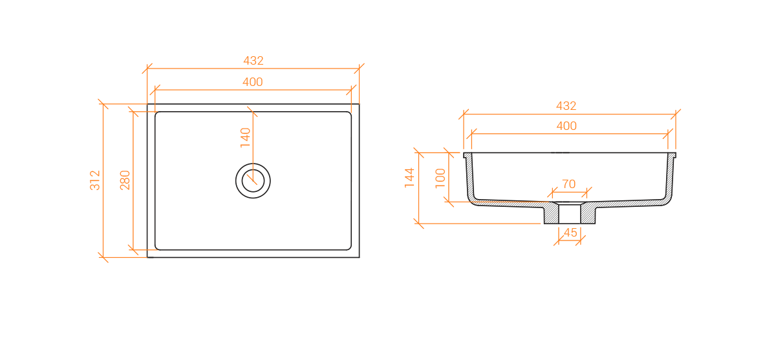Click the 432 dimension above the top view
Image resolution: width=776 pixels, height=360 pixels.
pyautogui.click(x=253, y=61)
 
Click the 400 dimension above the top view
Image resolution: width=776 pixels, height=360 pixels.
pyautogui.click(x=253, y=82)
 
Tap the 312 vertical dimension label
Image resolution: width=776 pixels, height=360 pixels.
pyautogui.click(x=94, y=180)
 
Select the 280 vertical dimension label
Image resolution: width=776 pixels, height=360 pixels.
pyautogui.click(x=125, y=180)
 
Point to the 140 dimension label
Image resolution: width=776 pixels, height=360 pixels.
pyautogui.click(x=245, y=138)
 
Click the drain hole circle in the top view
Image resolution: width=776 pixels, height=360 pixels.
pyautogui.click(x=253, y=164)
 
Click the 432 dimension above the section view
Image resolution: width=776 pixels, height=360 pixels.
pyautogui.click(x=566, y=106)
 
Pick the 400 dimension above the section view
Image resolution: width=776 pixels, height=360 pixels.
pyautogui.click(x=566, y=125)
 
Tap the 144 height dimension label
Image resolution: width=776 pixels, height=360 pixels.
pyautogui.click(x=409, y=178)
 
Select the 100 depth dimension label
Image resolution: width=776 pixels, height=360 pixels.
pyautogui.click(x=440, y=178)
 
